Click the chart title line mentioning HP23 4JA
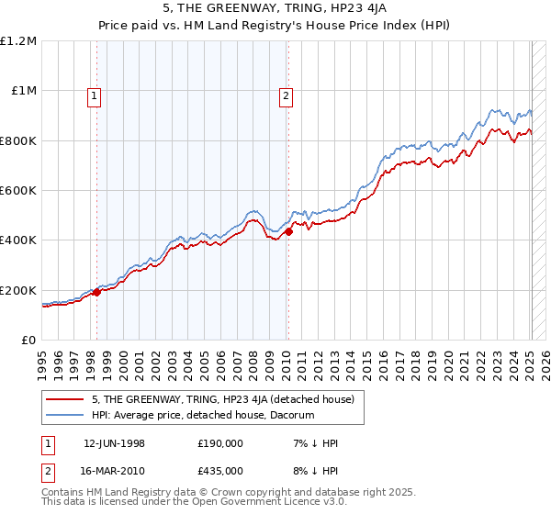[x=275, y=9]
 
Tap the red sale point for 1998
[x=96, y=293]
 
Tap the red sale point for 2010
[x=287, y=232]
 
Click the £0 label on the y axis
[x=29, y=341]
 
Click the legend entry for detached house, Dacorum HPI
[x=203, y=415]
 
